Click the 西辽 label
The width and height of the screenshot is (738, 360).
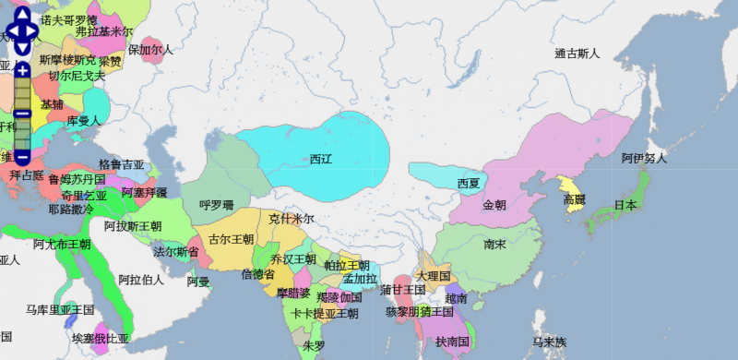coord(321,159)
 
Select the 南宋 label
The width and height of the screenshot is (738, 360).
coord(494,245)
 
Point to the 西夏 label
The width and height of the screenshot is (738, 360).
coord(470,183)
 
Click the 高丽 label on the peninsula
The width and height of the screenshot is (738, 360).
coord(574,199)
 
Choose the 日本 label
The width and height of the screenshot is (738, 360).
coord(625,205)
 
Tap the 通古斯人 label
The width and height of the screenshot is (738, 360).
coord(577,54)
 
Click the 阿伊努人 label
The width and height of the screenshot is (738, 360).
coord(644,159)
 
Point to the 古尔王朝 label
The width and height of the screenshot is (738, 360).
coord(232,238)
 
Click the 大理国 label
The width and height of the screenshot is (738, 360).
coord(433,275)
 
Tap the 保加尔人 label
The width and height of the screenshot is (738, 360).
coord(150,49)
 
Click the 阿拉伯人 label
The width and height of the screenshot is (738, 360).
coord(141,279)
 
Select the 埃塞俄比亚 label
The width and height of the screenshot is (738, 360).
coord(101,339)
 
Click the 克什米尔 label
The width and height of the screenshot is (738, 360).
coord(292,219)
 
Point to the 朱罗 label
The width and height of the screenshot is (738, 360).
coord(314,345)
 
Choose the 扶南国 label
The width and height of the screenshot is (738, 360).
coord(453,342)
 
